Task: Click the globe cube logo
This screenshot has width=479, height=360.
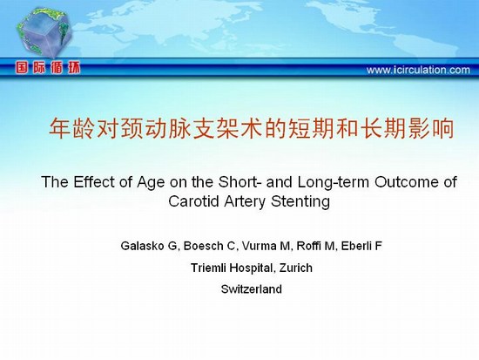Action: click(x=44, y=32)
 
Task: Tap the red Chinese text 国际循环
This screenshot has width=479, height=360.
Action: click(x=48, y=68)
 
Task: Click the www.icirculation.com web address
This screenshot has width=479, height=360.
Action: click(x=418, y=70)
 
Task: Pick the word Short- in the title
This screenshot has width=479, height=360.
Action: click(x=239, y=182)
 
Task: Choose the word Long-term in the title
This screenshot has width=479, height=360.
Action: click(x=334, y=182)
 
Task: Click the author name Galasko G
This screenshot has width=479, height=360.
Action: click(x=149, y=246)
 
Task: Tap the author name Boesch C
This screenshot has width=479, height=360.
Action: click(x=209, y=246)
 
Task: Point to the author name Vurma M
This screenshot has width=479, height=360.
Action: click(x=266, y=246)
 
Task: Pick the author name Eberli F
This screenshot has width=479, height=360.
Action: click(x=361, y=246)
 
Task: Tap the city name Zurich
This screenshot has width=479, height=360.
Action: click(x=296, y=268)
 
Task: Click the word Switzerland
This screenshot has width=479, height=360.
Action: click(x=252, y=289)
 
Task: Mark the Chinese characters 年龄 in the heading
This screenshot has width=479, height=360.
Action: click(x=71, y=128)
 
